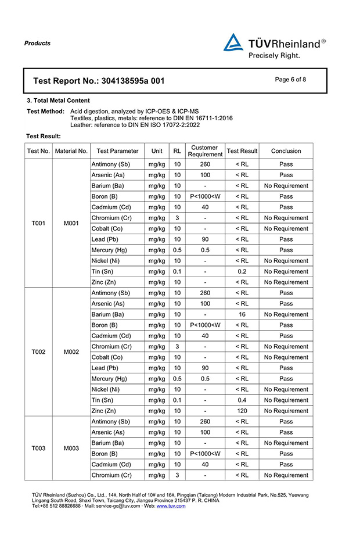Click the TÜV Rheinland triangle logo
(x=233, y=43)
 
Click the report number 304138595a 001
(x=132, y=81)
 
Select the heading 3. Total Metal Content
(x=59, y=100)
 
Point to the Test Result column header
(x=242, y=151)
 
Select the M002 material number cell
(x=71, y=351)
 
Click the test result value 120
(x=242, y=411)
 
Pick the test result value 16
(x=242, y=314)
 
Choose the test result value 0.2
(x=242, y=271)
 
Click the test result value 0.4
(x=242, y=400)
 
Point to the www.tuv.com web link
(x=171, y=506)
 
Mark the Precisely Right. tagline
(x=274, y=56)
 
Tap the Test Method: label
(x=46, y=111)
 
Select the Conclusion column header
(x=286, y=151)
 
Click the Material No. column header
(x=71, y=151)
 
